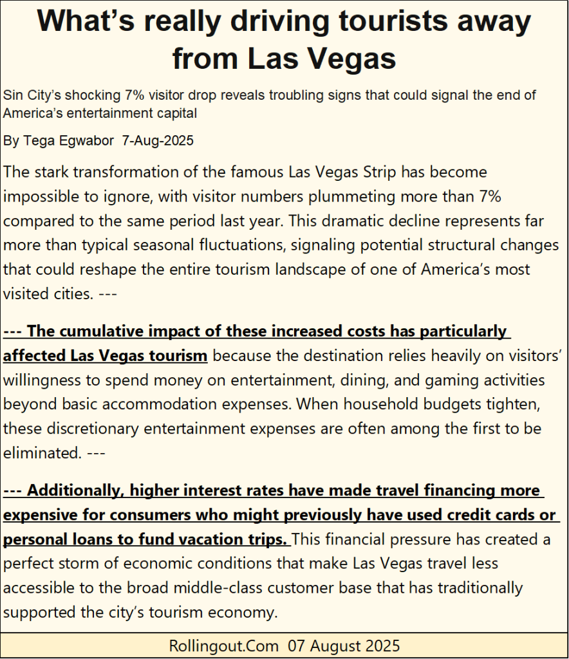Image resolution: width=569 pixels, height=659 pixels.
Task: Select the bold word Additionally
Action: (74, 491)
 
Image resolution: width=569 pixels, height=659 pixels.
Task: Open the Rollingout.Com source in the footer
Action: (224, 645)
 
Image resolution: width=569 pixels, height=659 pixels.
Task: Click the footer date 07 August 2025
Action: (344, 645)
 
